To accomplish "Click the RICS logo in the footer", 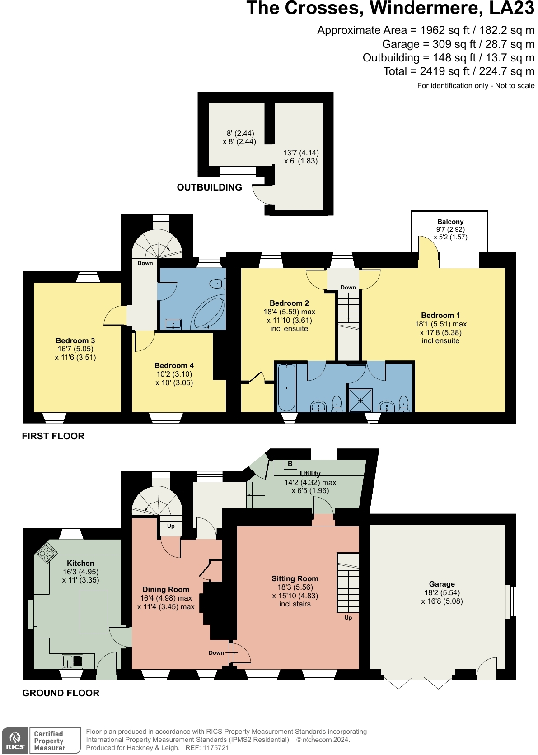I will coord(15,741).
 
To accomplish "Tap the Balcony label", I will coord(450,222).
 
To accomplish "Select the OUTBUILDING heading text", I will coord(209,187).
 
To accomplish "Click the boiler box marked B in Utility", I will coord(290,464).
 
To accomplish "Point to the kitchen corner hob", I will coord(47,553).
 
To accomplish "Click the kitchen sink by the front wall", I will coord(73,662).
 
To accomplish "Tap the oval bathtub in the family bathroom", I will coord(208,312).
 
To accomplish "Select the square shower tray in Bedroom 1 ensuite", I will coord(360,400).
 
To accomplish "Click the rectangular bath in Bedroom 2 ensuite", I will coord(286,387).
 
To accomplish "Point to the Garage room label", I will coord(442,584).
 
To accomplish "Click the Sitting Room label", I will coord(295,578).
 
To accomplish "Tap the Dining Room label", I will coord(166,589).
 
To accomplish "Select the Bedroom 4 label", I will coord(174,365).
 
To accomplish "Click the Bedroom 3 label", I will coord(75,340).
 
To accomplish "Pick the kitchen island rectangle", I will coord(94,611).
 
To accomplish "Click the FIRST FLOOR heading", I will coord(53,436).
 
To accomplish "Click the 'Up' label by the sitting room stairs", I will coord(348,618).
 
